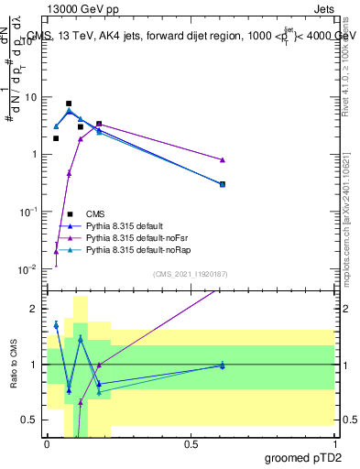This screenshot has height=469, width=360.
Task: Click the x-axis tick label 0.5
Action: click(191, 443)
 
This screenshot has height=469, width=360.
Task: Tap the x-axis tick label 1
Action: click(334, 443)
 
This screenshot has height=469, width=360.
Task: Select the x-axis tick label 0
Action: click(48, 443)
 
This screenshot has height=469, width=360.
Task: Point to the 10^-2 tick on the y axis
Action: click(29, 269)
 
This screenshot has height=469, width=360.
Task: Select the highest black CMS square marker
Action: click(69, 104)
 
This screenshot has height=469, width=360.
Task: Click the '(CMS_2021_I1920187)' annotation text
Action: click(191, 273)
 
